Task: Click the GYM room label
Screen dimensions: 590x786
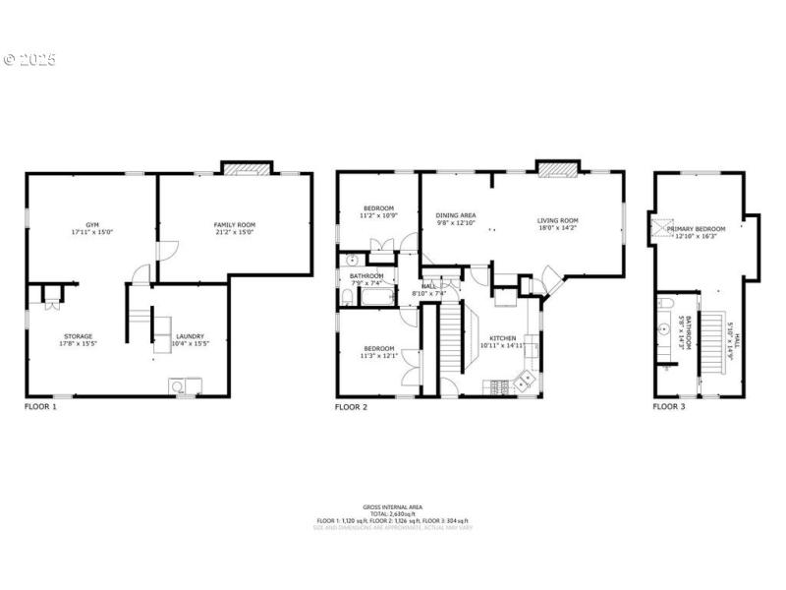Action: pos(92,224)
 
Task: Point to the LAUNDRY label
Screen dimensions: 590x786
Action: pos(190,335)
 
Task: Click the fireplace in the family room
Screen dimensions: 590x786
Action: pos(246,169)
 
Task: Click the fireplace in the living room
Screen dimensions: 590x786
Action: pos(557,169)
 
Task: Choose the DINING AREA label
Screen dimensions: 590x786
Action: pos(456,215)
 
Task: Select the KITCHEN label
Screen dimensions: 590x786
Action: pos(502,338)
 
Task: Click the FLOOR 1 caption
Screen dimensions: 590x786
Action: pos(40,406)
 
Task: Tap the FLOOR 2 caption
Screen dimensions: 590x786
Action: pos(351,406)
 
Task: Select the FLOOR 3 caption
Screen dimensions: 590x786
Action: pos(669,406)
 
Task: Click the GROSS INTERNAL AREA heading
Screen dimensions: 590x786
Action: pos(393,506)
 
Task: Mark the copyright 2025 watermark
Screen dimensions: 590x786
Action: pos(29,59)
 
